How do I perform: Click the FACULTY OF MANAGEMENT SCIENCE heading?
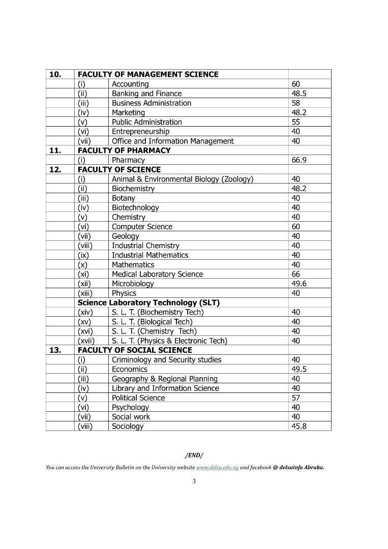[x=148, y=74]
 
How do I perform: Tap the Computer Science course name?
[x=142, y=227]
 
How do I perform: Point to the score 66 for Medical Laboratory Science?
[x=296, y=274]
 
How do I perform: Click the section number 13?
[x=55, y=350]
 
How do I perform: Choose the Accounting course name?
[x=130, y=84]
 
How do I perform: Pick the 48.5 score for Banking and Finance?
[x=299, y=94]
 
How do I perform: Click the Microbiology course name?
[x=132, y=284]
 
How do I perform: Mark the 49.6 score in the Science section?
[x=299, y=284]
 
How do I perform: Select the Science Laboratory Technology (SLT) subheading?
[x=148, y=302]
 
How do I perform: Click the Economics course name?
[x=129, y=370]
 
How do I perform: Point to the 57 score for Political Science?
[x=296, y=398]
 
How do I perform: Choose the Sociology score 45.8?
[x=299, y=426]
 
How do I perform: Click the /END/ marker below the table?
[x=194, y=455]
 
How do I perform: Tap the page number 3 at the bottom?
[x=194, y=481]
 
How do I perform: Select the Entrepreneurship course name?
[x=140, y=132]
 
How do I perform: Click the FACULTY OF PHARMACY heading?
[x=124, y=150]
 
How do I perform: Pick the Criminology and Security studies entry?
[x=166, y=360]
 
